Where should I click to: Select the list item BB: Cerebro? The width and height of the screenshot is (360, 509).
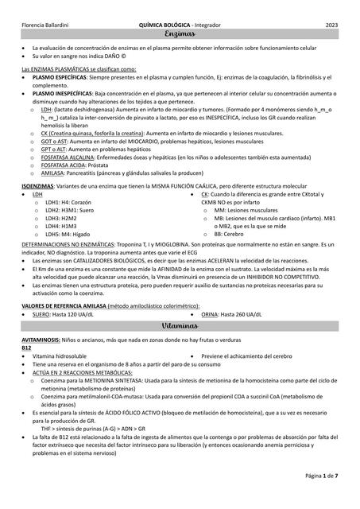coord(230,235)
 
